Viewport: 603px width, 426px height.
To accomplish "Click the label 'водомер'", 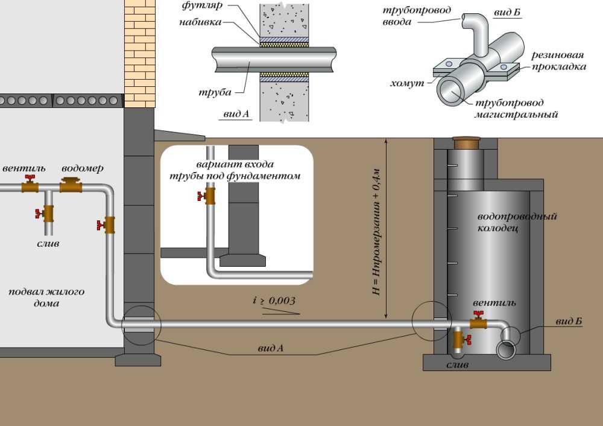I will point(82,168).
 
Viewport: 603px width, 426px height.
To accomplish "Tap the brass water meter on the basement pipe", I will point(71,185).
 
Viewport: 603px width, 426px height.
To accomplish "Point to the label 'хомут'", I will point(412,80).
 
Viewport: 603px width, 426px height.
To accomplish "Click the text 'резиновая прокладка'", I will point(558,61).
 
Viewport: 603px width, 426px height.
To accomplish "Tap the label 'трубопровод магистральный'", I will point(513,109).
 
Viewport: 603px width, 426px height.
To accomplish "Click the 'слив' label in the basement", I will point(48,244).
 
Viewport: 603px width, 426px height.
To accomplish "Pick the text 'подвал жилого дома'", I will point(46,297).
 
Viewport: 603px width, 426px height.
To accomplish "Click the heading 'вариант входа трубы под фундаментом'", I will point(235,170).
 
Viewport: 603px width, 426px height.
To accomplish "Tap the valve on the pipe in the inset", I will point(209,196).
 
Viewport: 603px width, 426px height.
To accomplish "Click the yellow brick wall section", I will point(139,54).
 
